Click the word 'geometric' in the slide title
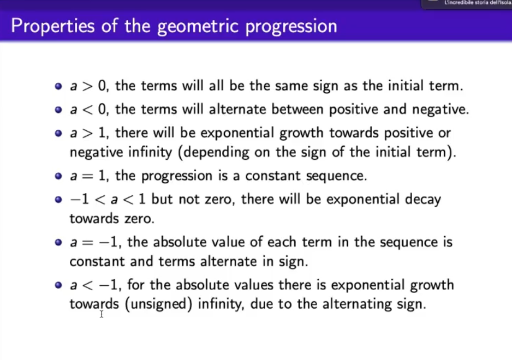tap(198, 27)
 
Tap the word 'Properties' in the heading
tap(52, 26)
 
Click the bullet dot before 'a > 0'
tap(58, 86)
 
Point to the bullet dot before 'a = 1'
tap(58, 176)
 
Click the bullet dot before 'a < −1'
tap(58, 285)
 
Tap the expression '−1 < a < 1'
tap(108, 200)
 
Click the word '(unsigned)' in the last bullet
tap(159, 304)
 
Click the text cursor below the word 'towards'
tap(102, 314)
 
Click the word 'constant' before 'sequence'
tap(273, 176)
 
